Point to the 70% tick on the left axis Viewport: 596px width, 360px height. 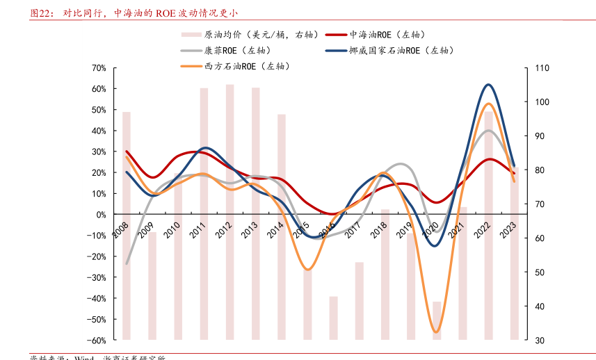pyautogui.click(x=98, y=68)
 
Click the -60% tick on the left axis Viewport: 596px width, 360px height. pyautogui.click(x=97, y=340)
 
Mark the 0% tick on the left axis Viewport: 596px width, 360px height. pyautogui.click(x=100, y=215)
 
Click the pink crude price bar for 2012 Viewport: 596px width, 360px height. pyautogui.click(x=229, y=208)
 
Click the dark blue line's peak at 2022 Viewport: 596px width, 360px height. pyautogui.click(x=489, y=85)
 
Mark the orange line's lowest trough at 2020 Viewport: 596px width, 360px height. pyautogui.click(x=437, y=332)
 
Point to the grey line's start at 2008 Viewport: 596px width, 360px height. pyautogui.click(x=127, y=264)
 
